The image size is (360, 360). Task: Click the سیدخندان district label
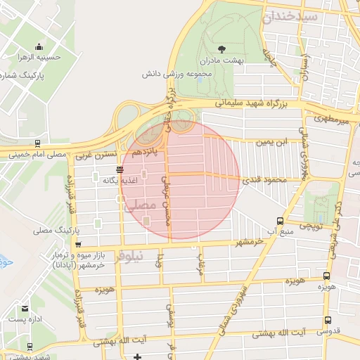(290, 16)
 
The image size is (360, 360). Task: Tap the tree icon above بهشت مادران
(221, 49)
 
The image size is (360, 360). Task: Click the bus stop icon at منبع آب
(281, 220)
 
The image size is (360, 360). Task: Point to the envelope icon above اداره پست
(25, 309)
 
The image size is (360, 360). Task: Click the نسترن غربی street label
(97, 153)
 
